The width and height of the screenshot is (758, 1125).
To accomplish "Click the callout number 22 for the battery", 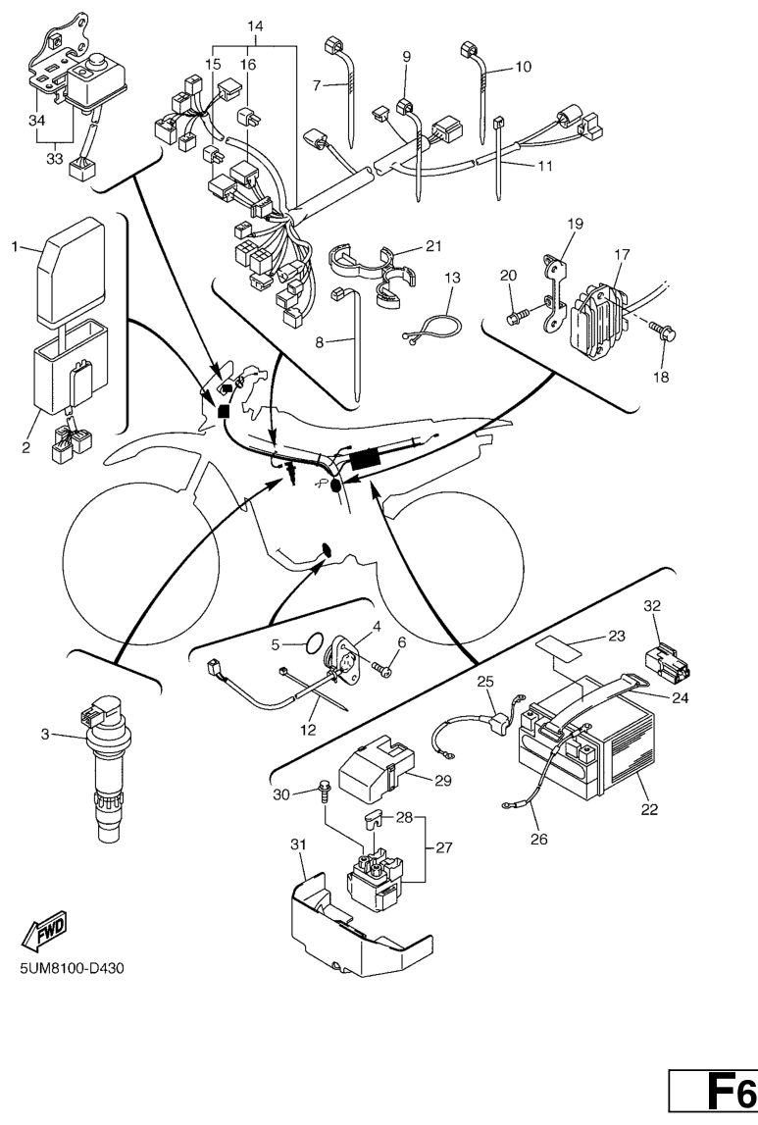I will point(649,810).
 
